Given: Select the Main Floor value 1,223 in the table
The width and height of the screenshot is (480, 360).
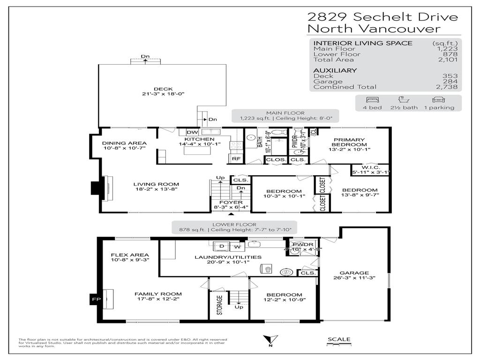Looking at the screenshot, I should pyautogui.click(x=448, y=49).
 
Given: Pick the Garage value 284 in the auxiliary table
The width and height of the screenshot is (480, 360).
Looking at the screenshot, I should pyautogui.click(x=450, y=81).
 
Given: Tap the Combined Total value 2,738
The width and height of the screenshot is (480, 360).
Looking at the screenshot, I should pyautogui.click(x=447, y=87).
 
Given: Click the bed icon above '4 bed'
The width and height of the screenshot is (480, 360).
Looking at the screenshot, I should pyautogui.click(x=372, y=100).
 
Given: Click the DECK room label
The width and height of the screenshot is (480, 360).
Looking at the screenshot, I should pyautogui.click(x=163, y=89).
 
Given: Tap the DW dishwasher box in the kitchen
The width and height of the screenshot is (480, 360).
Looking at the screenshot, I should pyautogui.click(x=192, y=132).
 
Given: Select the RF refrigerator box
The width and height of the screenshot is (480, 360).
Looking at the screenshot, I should pyautogui.click(x=236, y=159).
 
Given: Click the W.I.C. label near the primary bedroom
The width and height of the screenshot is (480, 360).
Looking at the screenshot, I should pyautogui.click(x=370, y=167).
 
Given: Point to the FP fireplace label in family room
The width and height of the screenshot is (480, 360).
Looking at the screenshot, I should pyautogui.click(x=93, y=299).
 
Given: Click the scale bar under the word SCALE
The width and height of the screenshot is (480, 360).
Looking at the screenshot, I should pyautogui.click(x=338, y=346).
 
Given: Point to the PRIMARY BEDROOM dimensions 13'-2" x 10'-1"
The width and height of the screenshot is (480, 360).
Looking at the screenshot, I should pyautogui.click(x=350, y=150).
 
